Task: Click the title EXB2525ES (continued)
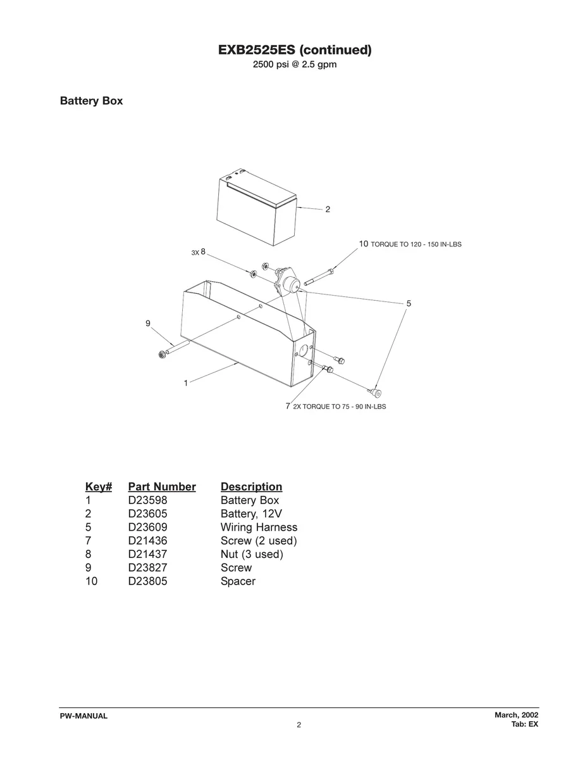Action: [x=295, y=50]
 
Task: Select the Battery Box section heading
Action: [x=91, y=101]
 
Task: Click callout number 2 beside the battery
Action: [x=328, y=209]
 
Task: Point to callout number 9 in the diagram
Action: [x=148, y=324]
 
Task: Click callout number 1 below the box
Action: [x=186, y=383]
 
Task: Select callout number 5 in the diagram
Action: [x=409, y=303]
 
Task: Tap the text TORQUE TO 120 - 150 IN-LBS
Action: [x=416, y=244]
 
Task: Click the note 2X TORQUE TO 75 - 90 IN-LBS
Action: [x=340, y=407]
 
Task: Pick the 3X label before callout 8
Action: [x=195, y=253]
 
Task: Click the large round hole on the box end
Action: [x=304, y=350]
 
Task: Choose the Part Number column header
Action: [x=162, y=486]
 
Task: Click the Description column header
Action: [x=251, y=486]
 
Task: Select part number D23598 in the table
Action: [x=147, y=500]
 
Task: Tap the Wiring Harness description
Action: [x=259, y=527]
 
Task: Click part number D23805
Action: [x=147, y=581]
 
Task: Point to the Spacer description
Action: [x=238, y=581]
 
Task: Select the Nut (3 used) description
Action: [x=252, y=554]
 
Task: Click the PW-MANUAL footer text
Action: [x=83, y=716]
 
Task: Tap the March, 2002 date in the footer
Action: [x=516, y=715]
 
